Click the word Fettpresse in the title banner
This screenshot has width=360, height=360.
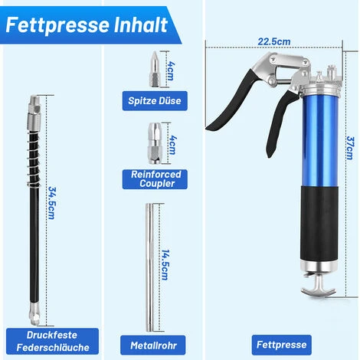click(57, 25)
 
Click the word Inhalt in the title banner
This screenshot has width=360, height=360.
click(140, 25)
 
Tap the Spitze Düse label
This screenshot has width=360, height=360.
click(155, 100)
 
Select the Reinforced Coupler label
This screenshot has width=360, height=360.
click(155, 179)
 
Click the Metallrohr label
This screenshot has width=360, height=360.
click(153, 345)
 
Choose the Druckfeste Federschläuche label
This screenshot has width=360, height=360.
click(52, 341)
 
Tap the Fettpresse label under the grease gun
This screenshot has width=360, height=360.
click(281, 345)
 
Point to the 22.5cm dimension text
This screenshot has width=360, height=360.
click(274, 41)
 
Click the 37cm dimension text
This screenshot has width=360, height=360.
click(350, 148)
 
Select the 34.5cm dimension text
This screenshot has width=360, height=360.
click(52, 203)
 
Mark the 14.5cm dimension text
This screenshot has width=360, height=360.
click(165, 265)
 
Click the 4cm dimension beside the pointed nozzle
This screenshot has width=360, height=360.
click(170, 70)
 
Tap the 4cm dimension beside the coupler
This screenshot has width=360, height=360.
click(172, 145)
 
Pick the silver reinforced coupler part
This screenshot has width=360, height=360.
click(155, 143)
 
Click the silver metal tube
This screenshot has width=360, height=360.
click(149, 267)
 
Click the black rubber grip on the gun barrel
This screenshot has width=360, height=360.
click(319, 224)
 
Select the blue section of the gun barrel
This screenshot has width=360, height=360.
click(320, 141)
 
